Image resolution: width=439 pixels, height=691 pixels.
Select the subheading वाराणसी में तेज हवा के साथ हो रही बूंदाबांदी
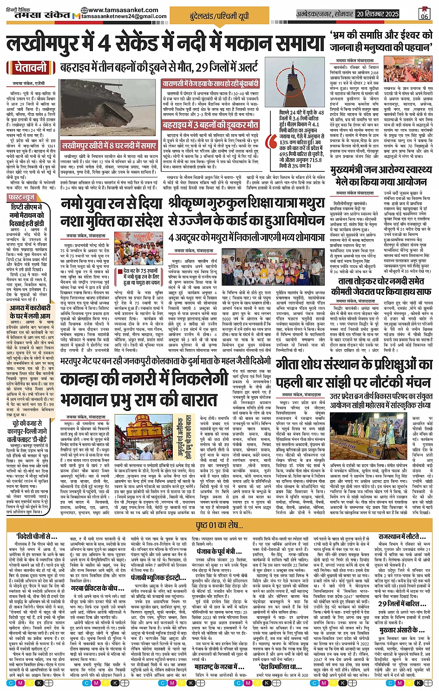click(210, 84)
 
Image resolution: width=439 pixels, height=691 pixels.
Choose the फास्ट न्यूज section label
click(21, 198)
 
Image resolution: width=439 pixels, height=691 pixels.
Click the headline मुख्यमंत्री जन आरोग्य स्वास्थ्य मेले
click(379, 176)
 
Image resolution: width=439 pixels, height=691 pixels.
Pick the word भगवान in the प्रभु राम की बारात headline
click(86, 400)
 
